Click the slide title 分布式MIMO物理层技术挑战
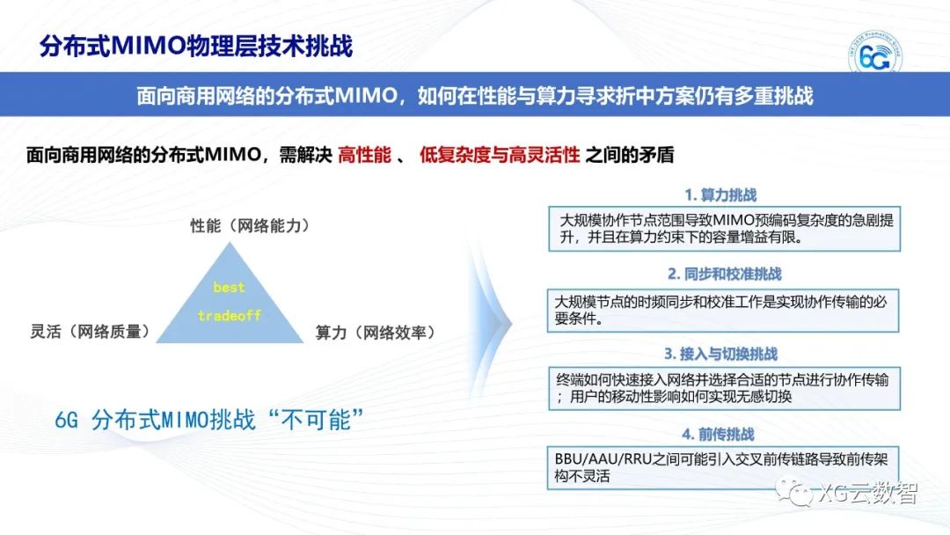pos(196,46)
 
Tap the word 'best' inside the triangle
pos(229,288)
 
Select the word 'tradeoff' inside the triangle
pos(229,315)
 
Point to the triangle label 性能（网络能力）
pos(251,226)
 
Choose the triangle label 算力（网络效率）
pos(376,333)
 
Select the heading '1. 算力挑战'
pos(720,194)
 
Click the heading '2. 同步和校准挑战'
pos(723,274)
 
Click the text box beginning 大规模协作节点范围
pos(724,229)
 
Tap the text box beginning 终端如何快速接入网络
pos(723,388)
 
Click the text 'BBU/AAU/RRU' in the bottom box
pos(602,459)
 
